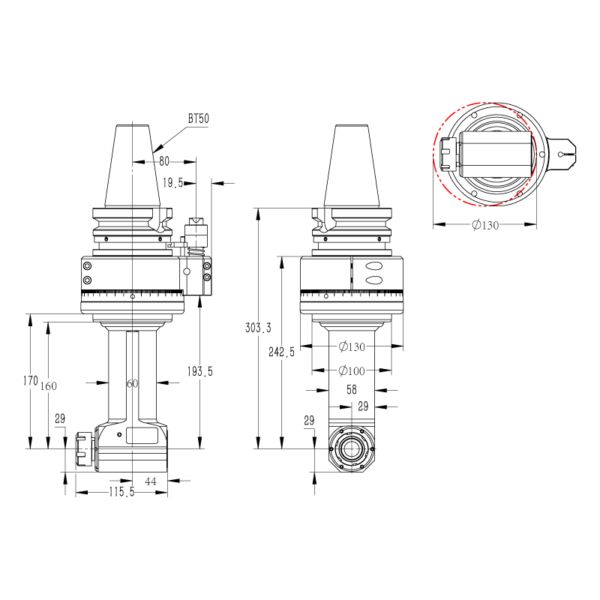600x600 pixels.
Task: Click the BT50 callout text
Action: coord(199,119)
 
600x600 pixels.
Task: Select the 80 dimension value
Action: coord(163,160)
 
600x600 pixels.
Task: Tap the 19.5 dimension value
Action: coord(173,182)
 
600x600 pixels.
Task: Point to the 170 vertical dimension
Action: coord(30,381)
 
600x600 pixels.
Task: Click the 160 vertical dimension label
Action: coord(48,385)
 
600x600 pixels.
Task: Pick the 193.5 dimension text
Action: coord(199,370)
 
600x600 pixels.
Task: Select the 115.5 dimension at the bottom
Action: coord(121,492)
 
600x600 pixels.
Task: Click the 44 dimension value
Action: coord(151,481)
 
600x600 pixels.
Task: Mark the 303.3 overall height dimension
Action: coord(258,328)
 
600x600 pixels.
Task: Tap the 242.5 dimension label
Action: coord(282,352)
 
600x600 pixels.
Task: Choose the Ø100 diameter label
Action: coord(352,370)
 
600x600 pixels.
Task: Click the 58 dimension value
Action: coord(352,390)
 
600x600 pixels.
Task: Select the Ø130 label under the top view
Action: coord(485,225)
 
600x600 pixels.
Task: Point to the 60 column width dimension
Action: coord(132,383)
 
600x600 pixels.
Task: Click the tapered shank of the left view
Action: coord(133,165)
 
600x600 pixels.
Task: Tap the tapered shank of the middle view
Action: coord(351,165)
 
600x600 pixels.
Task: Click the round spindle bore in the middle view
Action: coord(351,448)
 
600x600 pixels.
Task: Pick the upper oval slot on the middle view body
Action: coord(374,266)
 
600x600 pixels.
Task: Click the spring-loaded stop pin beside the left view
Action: coord(196,236)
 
